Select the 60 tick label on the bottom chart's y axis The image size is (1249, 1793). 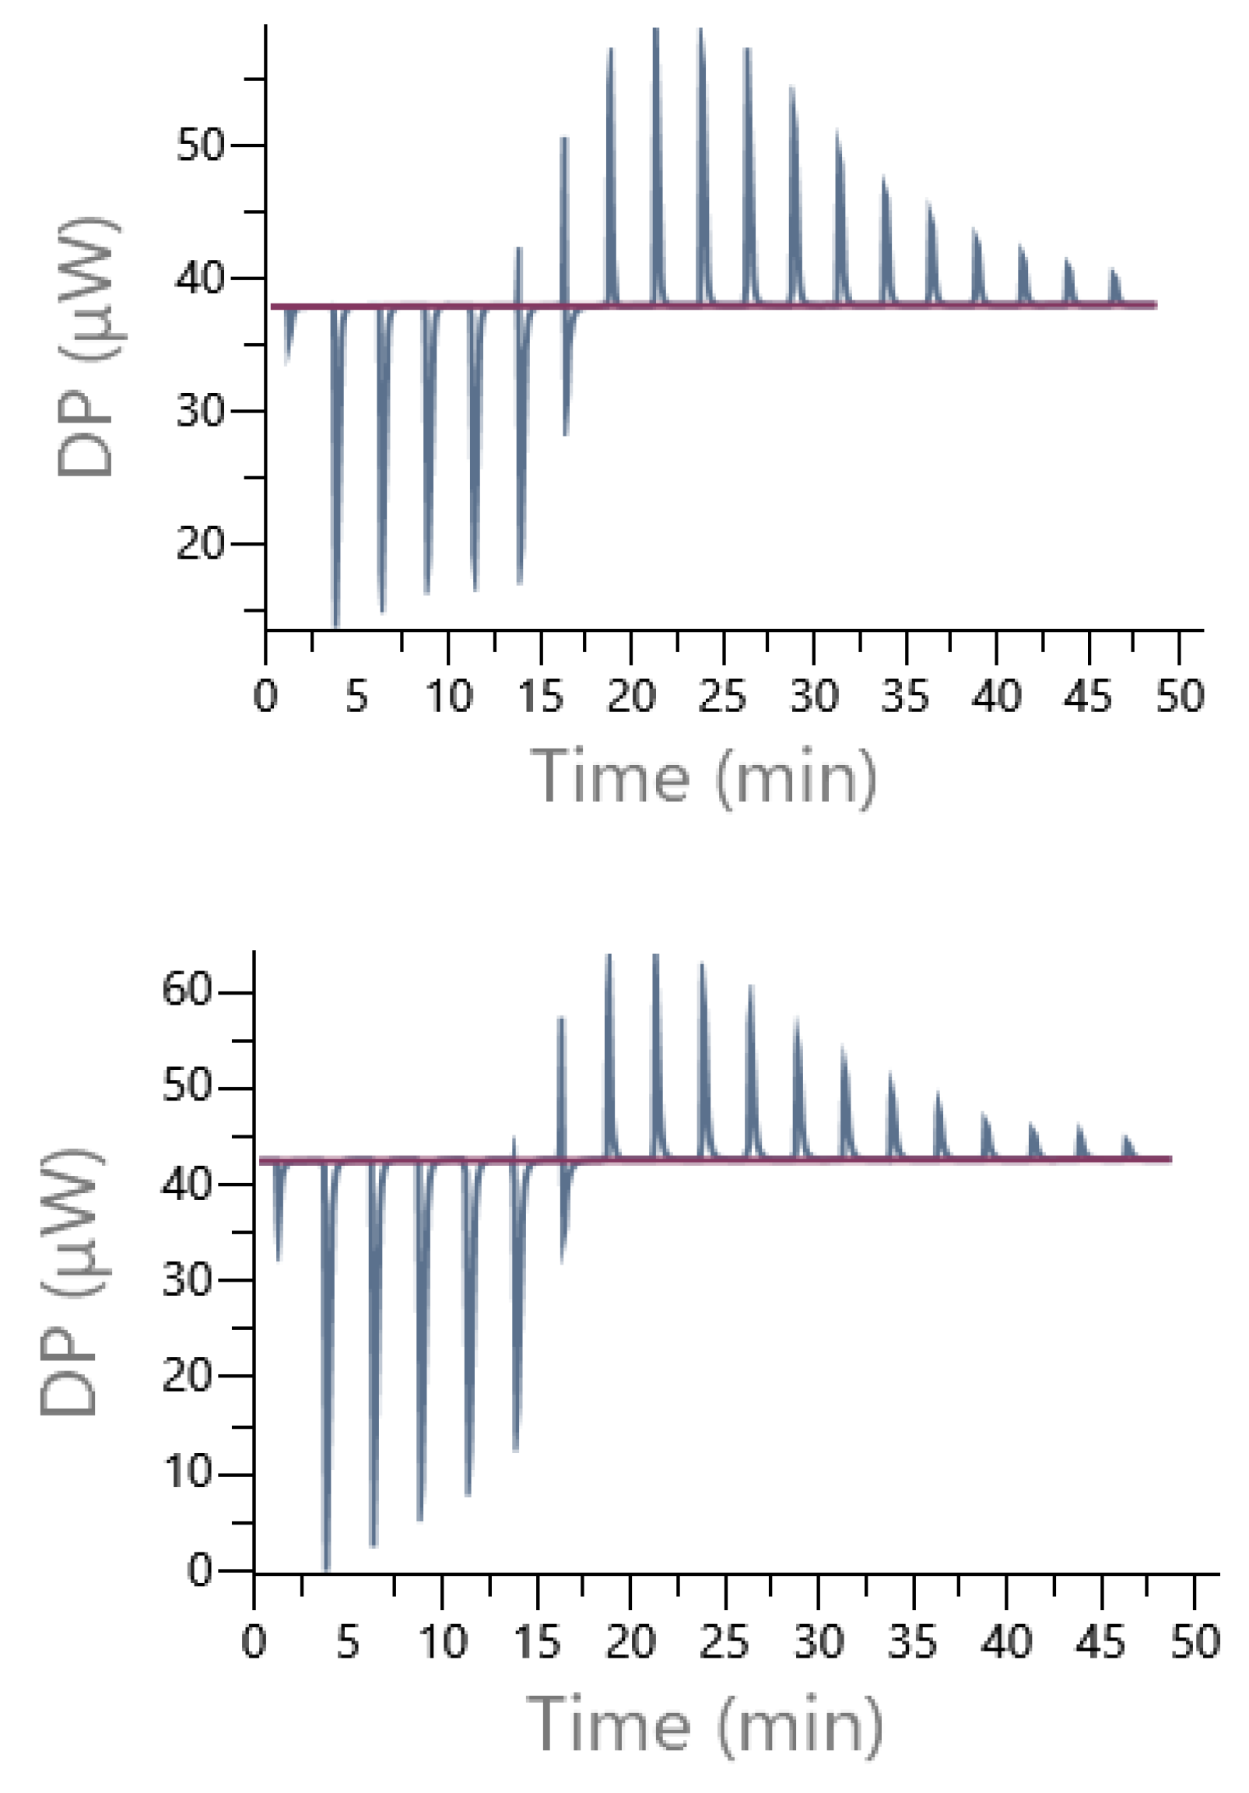pyautogui.click(x=187, y=991)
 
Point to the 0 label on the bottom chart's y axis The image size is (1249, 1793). pyautogui.click(x=200, y=1570)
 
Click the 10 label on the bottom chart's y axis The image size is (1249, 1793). pyautogui.click(x=187, y=1474)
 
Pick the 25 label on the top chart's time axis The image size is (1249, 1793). pyautogui.click(x=721, y=696)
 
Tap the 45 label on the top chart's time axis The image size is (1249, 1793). pyautogui.click(x=1087, y=696)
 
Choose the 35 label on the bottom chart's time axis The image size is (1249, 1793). pyautogui.click(x=912, y=1642)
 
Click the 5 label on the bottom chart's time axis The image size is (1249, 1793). pyautogui.click(x=348, y=1642)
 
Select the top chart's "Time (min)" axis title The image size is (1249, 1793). pyautogui.click(x=703, y=777)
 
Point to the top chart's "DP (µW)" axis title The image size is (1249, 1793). pyautogui.click(x=86, y=348)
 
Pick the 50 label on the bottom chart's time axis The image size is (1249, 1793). pyautogui.click(x=1195, y=1642)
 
